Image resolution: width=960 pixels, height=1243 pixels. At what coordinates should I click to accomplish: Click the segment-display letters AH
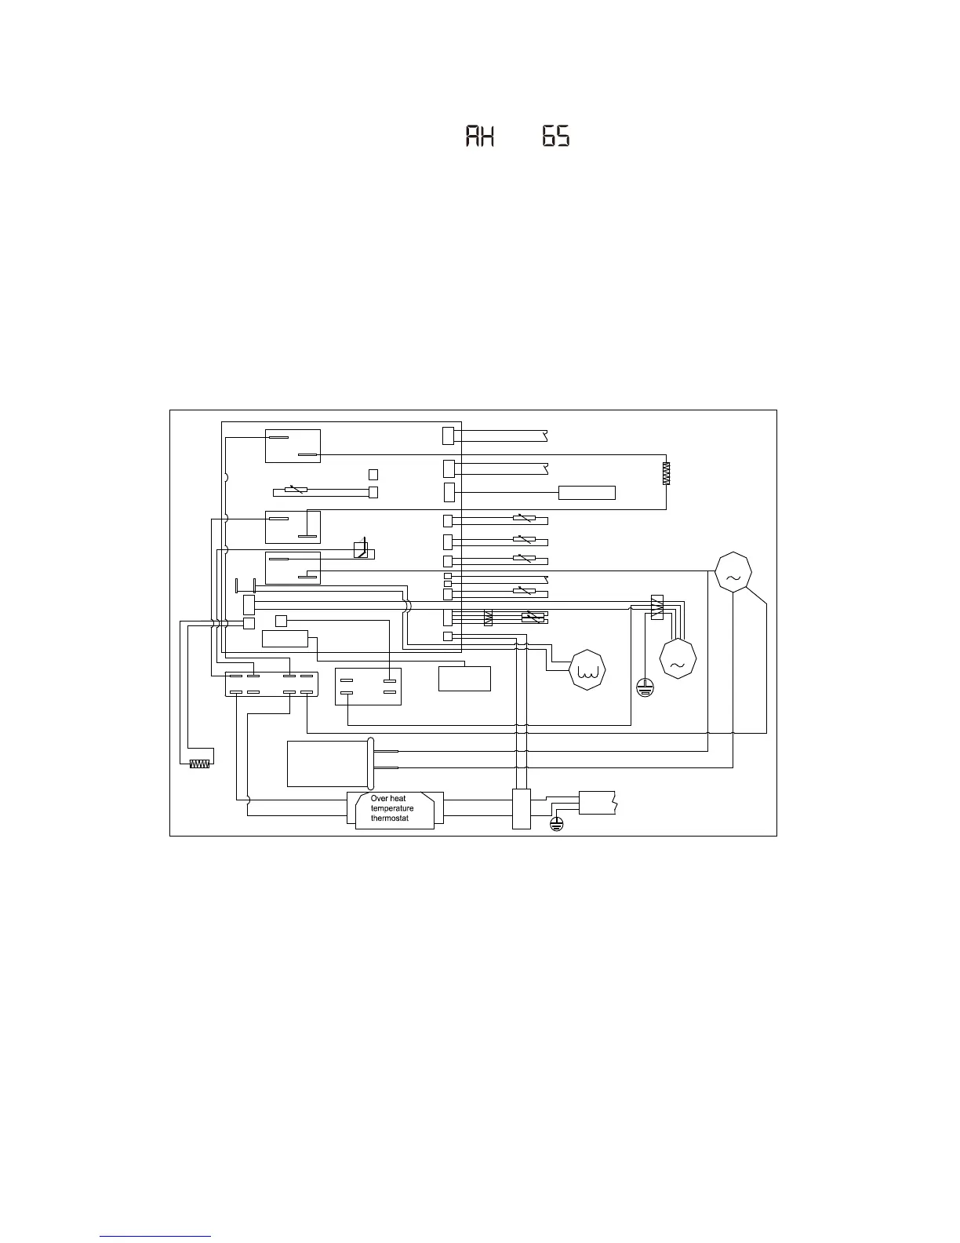(480, 137)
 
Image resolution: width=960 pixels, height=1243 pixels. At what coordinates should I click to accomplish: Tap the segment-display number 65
(555, 137)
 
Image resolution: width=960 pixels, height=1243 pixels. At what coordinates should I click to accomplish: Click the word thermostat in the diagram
(390, 818)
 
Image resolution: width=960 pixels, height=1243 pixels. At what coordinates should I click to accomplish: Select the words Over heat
(388, 799)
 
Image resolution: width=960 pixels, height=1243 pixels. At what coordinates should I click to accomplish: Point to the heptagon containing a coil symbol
(588, 670)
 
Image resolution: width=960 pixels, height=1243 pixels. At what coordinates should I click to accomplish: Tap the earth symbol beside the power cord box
(556, 823)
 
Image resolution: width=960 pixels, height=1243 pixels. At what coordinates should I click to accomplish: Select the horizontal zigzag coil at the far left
(201, 763)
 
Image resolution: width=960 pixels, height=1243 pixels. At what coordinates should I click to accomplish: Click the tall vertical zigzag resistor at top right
(666, 473)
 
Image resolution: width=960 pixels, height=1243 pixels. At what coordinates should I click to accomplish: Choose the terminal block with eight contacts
(271, 683)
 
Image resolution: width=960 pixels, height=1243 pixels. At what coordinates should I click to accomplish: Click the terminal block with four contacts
(368, 686)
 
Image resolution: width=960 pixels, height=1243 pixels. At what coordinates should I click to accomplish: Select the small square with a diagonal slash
(360, 549)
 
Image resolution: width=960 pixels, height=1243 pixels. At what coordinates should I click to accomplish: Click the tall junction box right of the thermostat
(522, 808)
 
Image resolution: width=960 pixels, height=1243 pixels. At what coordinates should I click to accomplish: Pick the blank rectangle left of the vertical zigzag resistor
(587, 493)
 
